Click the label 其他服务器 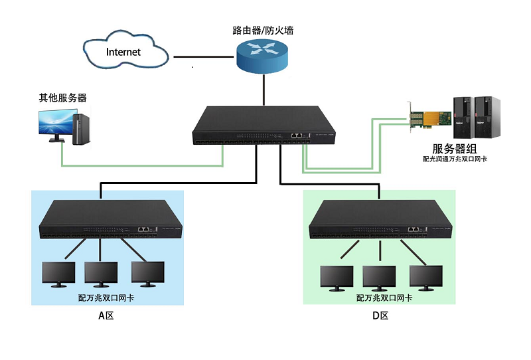[62, 98]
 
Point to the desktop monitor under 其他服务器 [54, 125]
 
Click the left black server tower [463, 118]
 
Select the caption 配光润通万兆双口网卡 [455, 159]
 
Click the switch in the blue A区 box [112, 219]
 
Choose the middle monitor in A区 [101, 274]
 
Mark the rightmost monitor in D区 [425, 276]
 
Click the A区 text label [106, 316]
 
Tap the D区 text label [380, 316]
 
